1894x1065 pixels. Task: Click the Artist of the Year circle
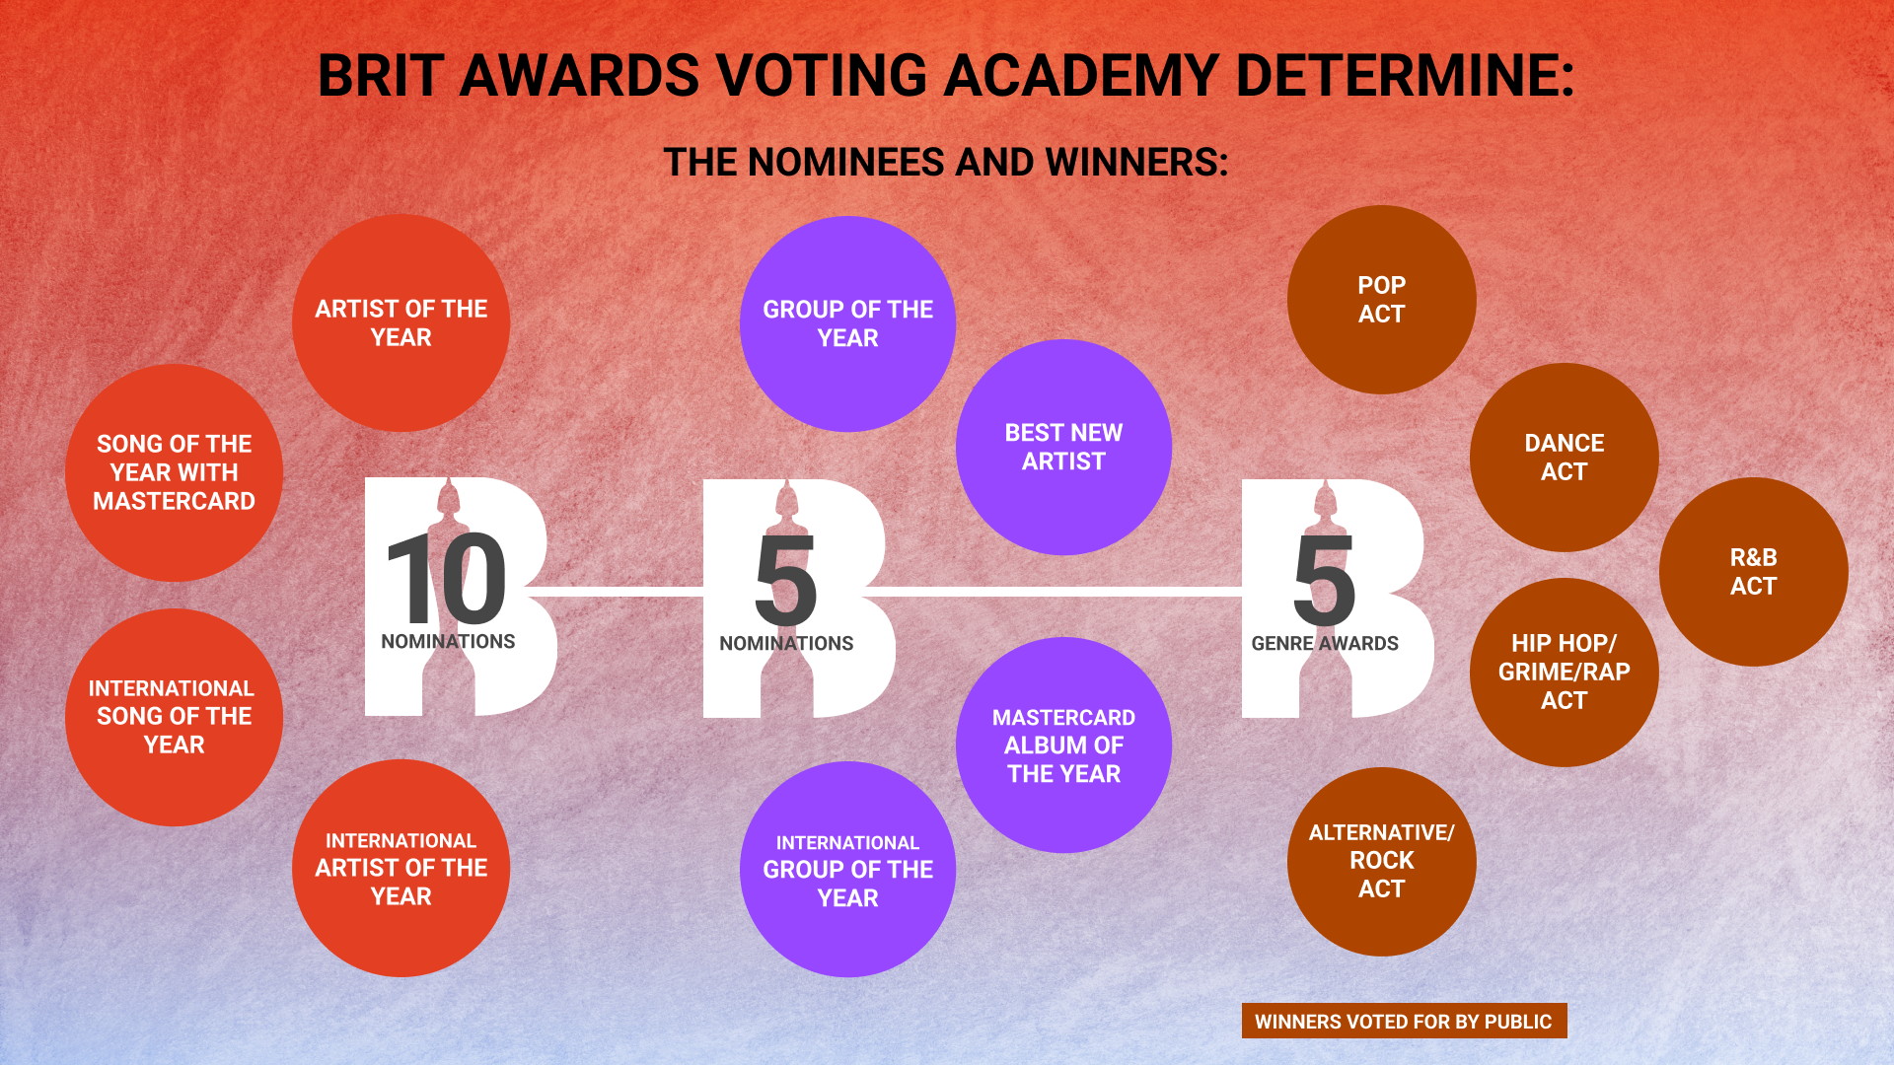[401, 323]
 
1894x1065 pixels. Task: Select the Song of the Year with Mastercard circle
[174, 472]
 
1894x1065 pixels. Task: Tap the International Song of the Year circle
[174, 717]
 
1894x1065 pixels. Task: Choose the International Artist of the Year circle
[401, 869]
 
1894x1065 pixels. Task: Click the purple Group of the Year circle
[847, 323]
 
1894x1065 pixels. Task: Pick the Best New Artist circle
[1063, 447]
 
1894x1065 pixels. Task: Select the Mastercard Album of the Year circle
[1063, 745]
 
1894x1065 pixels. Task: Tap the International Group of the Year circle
[847, 870]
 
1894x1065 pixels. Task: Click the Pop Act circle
[1381, 300]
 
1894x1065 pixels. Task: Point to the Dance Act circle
[1564, 458]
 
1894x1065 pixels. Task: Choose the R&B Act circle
[1753, 572]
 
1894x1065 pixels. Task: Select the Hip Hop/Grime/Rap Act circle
[1564, 672]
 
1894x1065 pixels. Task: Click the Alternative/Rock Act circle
[1381, 861]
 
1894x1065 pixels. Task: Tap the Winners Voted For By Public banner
[1404, 1022]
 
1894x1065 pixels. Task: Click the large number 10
[446, 579]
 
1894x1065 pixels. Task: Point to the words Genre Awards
[1325, 644]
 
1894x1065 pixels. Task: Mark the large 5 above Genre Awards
[1324, 581]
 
